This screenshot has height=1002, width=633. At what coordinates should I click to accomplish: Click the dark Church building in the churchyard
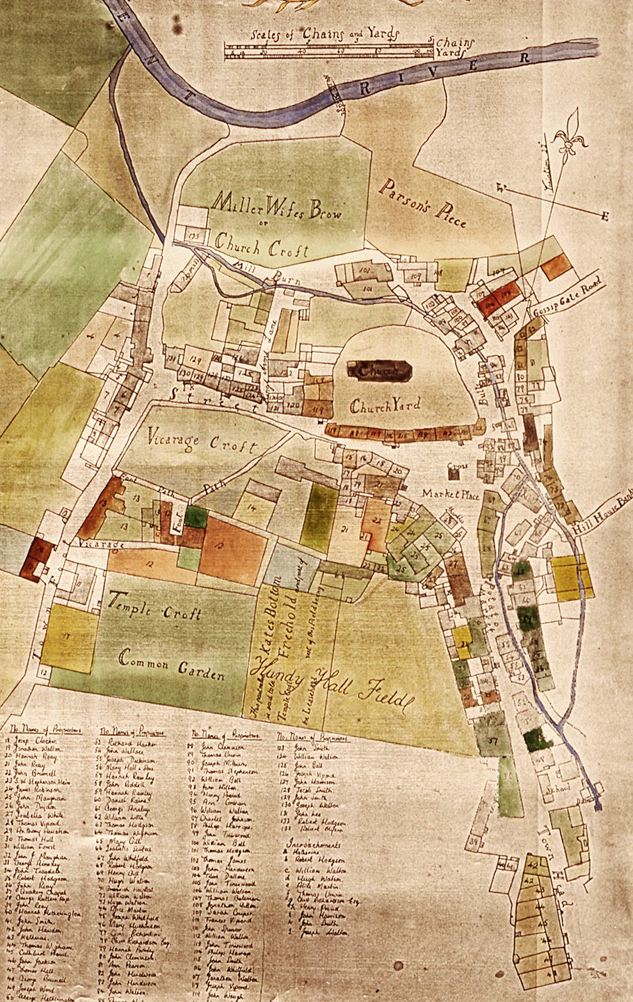[380, 372]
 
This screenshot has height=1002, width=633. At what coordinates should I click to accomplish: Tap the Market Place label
[450, 494]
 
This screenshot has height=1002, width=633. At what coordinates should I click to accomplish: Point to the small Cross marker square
[454, 473]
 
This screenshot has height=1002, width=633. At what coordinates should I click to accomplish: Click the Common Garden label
[171, 666]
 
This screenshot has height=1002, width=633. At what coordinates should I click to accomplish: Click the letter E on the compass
[604, 217]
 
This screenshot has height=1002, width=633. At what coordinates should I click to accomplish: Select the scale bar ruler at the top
[328, 50]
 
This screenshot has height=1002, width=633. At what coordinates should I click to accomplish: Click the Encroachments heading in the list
[314, 845]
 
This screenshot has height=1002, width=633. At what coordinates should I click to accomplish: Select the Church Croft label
[261, 246]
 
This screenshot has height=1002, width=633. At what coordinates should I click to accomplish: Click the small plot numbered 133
[193, 235]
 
